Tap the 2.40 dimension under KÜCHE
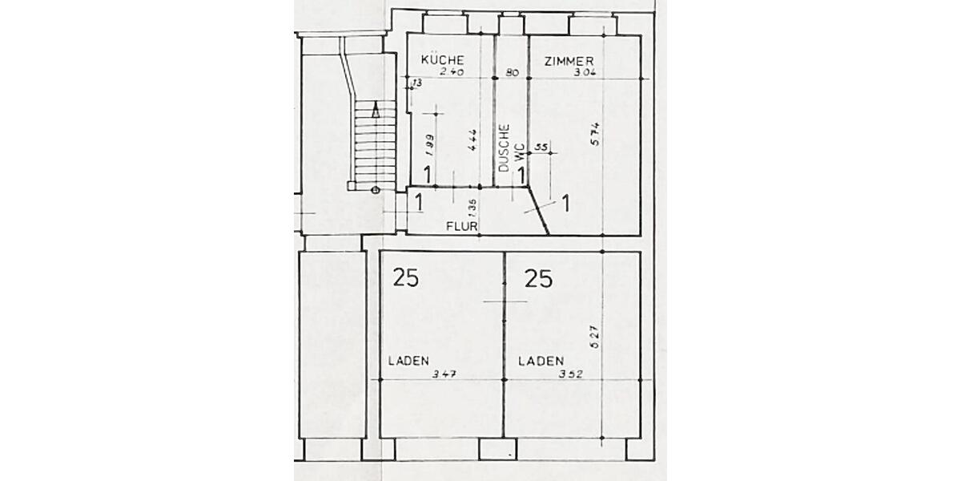click(452, 72)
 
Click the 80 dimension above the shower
click(513, 72)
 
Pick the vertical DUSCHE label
click(504, 149)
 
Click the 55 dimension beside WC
click(541, 147)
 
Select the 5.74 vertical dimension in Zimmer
click(595, 133)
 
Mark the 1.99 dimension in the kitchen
click(430, 144)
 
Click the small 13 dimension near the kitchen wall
click(416, 83)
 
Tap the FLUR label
click(462, 227)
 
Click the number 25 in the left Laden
click(405, 278)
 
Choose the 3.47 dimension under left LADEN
click(444, 374)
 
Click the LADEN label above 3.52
click(541, 362)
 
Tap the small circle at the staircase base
click(375, 190)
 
